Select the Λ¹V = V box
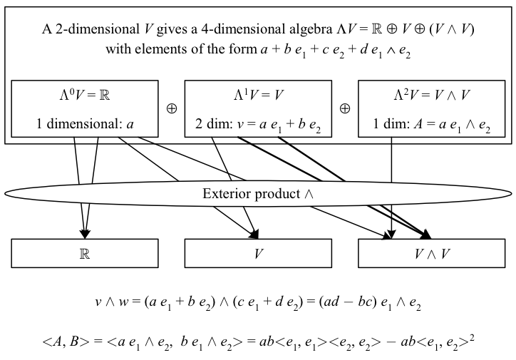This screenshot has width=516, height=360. (257, 109)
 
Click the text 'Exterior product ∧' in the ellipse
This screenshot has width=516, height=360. (259, 194)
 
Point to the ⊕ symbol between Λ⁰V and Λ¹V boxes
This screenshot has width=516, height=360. (171, 109)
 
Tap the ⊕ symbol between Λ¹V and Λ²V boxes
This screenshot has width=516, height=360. (344, 109)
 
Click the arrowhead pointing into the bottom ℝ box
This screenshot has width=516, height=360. (86, 233)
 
